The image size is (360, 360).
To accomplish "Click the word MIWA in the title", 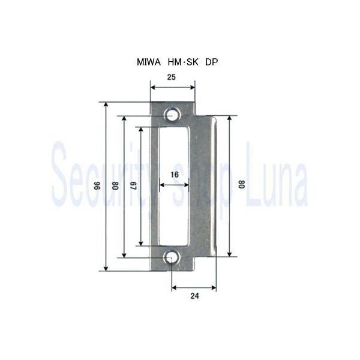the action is (x=149, y=62).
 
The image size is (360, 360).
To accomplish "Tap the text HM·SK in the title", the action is (x=183, y=62).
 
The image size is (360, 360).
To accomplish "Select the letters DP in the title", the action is (x=211, y=62).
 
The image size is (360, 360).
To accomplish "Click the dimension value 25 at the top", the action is (x=172, y=77).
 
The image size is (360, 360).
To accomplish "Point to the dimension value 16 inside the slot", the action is (x=175, y=175).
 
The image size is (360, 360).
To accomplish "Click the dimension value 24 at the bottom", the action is (x=194, y=296).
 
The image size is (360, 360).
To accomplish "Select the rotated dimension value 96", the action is (x=98, y=186).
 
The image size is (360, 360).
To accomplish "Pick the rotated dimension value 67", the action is (x=134, y=186).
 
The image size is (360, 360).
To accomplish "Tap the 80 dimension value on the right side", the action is (x=242, y=184).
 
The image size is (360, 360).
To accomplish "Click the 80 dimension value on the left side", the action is (x=115, y=186).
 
